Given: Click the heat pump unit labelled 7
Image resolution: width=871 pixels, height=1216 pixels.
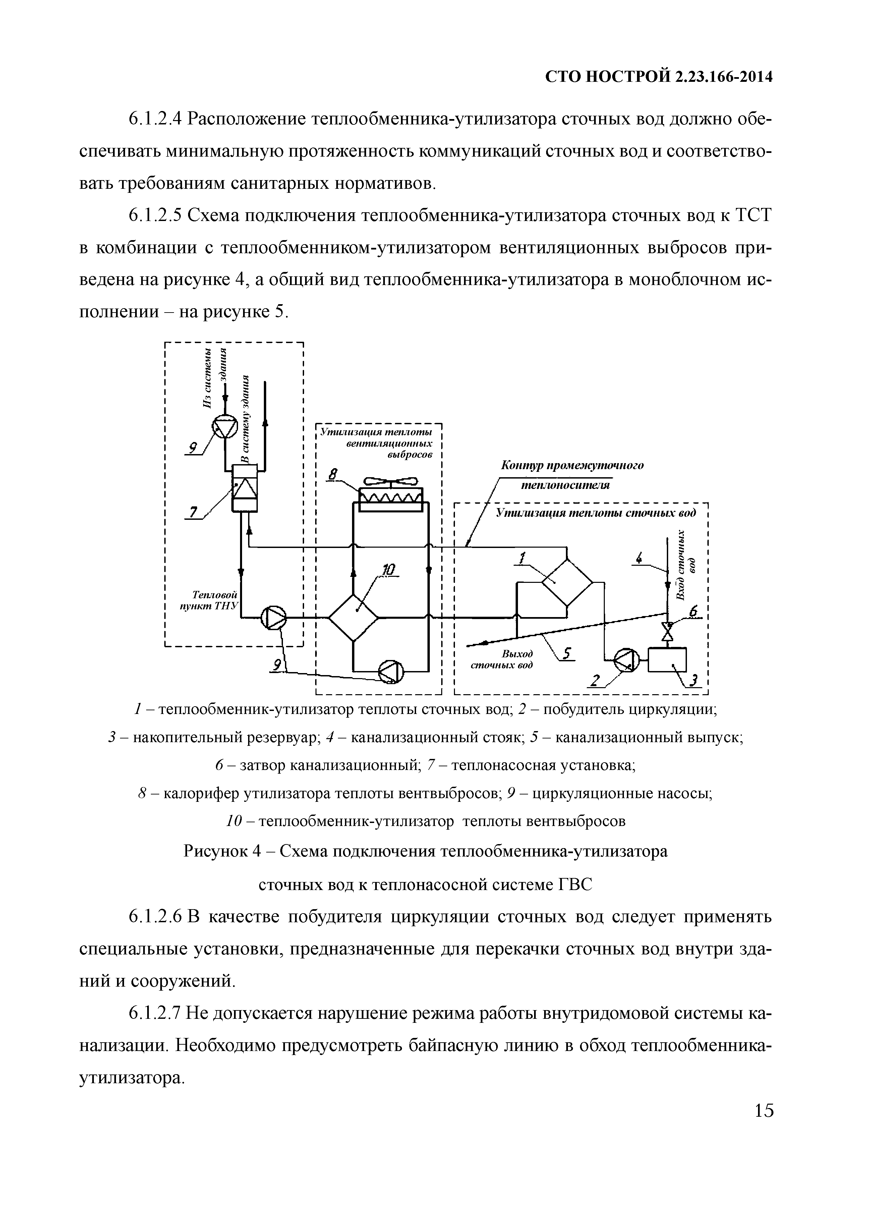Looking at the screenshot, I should click(x=244, y=488).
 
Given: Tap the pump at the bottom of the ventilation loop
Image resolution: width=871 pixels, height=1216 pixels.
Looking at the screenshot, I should click(x=391, y=671).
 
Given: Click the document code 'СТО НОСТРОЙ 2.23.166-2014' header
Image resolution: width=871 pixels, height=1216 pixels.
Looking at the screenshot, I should click(x=659, y=78).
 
